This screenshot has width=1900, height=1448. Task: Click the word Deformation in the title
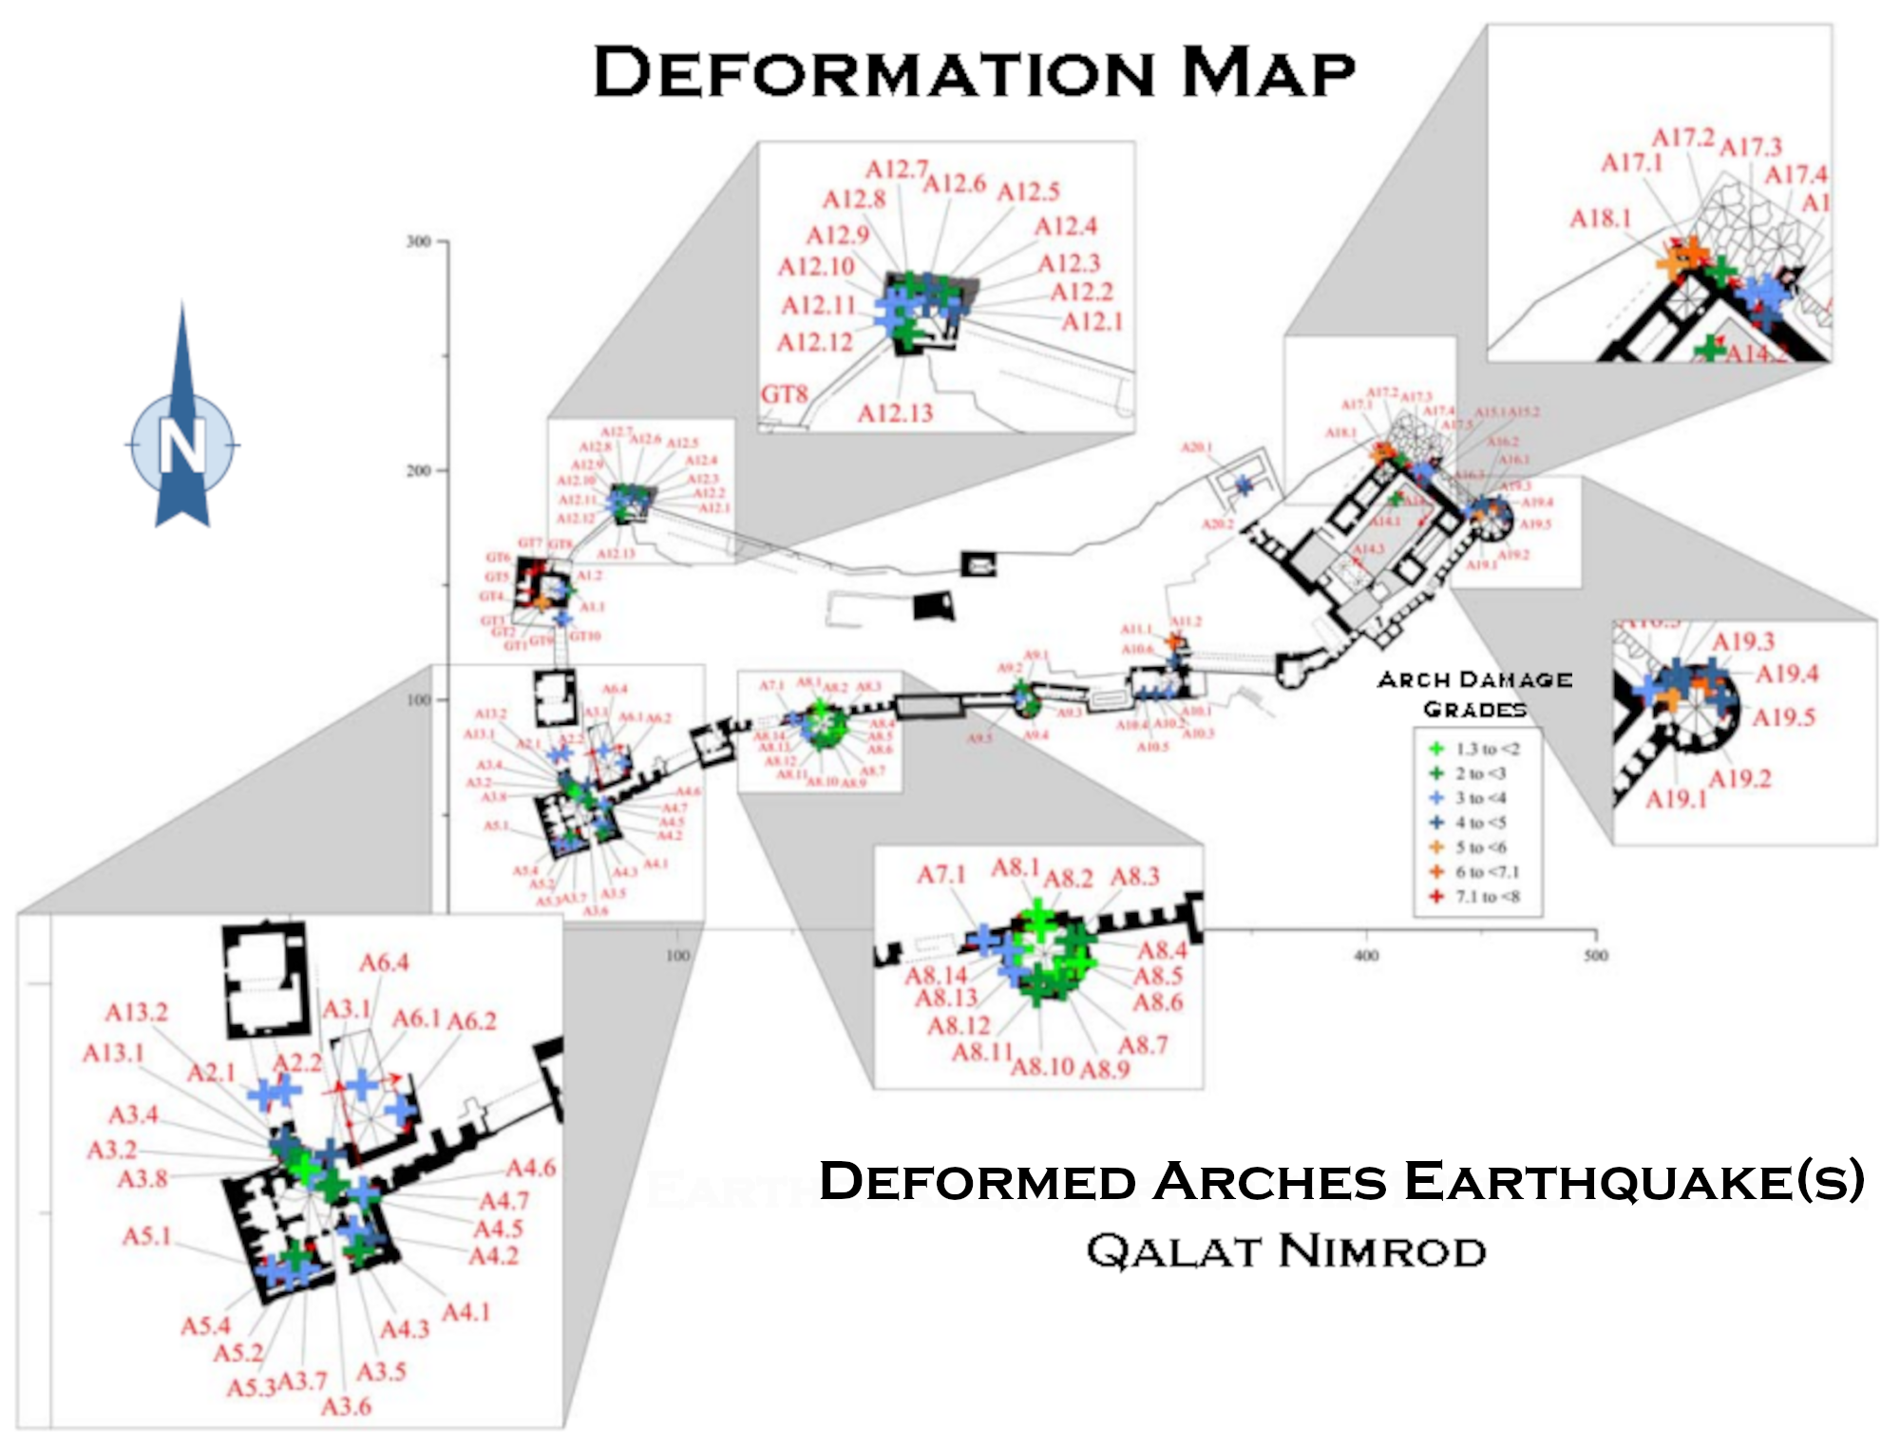tap(871, 72)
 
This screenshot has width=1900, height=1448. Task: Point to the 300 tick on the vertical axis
tap(419, 241)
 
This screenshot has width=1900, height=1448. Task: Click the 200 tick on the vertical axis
tap(419, 470)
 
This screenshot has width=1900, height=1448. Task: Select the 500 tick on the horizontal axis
tap(1596, 955)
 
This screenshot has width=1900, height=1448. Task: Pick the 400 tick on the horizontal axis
tap(1366, 955)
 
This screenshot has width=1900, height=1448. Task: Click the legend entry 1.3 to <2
tap(1487, 749)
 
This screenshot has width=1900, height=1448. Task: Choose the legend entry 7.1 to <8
tap(1487, 896)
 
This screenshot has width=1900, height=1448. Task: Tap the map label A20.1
tap(1196, 448)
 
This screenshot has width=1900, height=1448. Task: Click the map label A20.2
tap(1218, 524)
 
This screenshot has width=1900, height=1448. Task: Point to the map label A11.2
tap(1186, 621)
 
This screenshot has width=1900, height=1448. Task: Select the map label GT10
tap(585, 636)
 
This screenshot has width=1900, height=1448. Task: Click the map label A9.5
tap(979, 738)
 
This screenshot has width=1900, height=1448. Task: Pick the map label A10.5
tap(1152, 747)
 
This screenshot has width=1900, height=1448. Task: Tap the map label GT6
tap(498, 558)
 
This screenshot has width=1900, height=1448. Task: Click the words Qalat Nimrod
tap(1286, 1251)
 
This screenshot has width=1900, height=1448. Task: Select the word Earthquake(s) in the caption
tap(1634, 1181)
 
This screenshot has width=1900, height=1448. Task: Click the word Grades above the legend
tap(1474, 710)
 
